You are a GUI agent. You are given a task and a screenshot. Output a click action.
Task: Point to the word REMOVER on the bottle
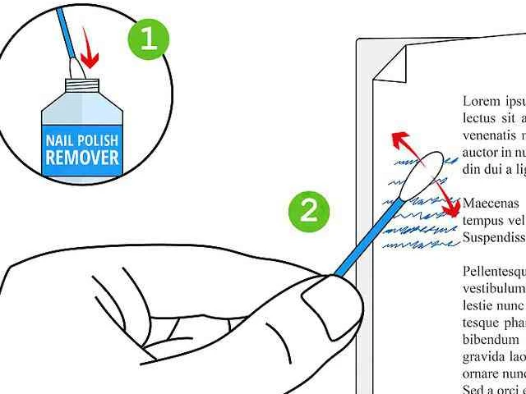82,156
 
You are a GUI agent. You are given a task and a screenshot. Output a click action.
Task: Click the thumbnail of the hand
322,298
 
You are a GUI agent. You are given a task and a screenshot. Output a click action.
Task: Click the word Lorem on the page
481,102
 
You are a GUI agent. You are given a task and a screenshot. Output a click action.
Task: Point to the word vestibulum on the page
493,288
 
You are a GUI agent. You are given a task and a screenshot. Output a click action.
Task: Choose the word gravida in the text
483,356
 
